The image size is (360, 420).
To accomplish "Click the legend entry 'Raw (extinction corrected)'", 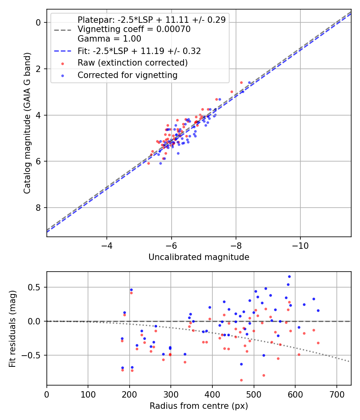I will click(132, 63).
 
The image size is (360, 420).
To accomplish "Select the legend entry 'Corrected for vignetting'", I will click(127, 75).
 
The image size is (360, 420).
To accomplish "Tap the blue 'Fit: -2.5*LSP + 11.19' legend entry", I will click(139, 51).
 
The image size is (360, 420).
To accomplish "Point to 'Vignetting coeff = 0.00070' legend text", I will click(134, 29).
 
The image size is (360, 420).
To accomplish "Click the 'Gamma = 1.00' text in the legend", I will click(109, 39).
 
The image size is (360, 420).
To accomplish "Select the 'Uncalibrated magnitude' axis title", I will click(199, 257).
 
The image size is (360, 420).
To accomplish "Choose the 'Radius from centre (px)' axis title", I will click(199, 406).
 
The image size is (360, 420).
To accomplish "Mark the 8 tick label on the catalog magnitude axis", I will click(38, 208).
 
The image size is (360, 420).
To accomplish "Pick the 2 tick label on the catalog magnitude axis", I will click(38, 69).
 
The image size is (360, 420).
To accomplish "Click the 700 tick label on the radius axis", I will click(336, 394).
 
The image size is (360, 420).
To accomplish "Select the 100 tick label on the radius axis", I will click(88, 394).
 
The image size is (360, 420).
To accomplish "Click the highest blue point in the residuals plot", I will click(289, 276).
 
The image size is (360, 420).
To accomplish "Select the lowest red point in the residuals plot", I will click(241, 380).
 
